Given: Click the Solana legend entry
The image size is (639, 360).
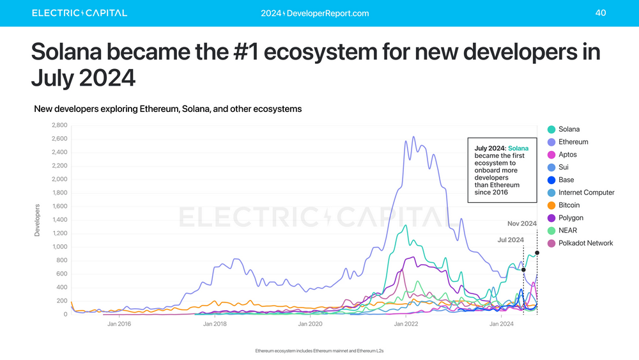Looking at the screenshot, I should point(568,129).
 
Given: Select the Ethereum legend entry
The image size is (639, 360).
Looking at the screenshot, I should point(573,142).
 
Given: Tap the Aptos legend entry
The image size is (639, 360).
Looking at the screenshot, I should point(567,155).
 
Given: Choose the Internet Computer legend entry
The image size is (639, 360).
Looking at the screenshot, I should point(585,192).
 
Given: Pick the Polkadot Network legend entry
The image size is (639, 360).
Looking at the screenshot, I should point(585,243).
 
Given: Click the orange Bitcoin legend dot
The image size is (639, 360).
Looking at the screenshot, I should point(551,205).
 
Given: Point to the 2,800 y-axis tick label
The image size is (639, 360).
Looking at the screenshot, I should point(58,125).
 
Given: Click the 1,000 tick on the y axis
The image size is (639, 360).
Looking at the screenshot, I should point(58,247).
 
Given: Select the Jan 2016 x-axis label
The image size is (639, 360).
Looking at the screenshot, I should point(119,325).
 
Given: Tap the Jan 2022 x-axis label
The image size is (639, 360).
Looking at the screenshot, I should point(406,325).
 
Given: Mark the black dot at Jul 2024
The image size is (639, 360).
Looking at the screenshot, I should point(523,270).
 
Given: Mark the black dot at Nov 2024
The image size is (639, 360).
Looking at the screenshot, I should point(537,253).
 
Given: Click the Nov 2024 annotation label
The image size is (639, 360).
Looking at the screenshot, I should point(521,224).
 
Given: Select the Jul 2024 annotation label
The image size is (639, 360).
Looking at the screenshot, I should point(511,240).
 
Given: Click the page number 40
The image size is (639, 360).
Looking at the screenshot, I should point(600,13).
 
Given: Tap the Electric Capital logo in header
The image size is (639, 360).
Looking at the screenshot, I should point(79,13).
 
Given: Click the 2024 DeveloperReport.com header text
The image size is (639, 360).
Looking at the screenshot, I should point(315,13).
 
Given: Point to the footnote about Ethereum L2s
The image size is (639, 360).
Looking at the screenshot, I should point(319,351).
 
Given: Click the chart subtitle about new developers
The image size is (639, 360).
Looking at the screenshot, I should point(167,109).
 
